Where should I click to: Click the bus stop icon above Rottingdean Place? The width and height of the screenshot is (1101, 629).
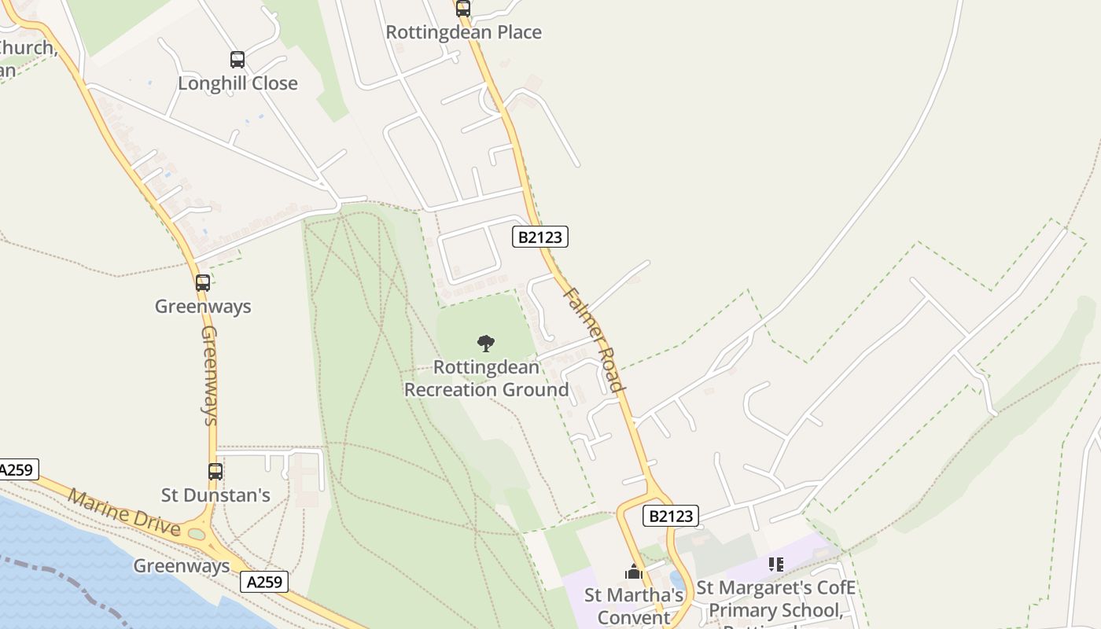(463, 9)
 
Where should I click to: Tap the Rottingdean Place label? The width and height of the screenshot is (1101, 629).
(463, 32)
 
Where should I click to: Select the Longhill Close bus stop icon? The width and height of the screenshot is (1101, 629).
(238, 60)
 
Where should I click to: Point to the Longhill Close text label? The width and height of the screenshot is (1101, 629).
(238, 83)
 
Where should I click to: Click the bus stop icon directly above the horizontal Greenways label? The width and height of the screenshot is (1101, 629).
(203, 283)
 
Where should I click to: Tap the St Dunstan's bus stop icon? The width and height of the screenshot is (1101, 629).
(215, 472)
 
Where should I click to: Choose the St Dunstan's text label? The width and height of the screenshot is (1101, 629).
(215, 495)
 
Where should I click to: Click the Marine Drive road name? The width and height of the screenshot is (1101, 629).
(123, 511)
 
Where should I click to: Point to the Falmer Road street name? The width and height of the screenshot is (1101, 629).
(595, 339)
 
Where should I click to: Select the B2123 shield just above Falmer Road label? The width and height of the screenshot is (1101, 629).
(540, 237)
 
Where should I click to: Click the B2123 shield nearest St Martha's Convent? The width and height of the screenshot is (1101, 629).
(671, 516)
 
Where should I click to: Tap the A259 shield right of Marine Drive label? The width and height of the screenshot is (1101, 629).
(264, 582)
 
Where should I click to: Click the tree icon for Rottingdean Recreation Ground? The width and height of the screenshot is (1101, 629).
(486, 343)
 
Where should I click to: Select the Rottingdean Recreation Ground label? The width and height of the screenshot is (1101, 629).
(486, 378)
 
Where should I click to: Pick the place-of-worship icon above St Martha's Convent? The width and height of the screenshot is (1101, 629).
(634, 572)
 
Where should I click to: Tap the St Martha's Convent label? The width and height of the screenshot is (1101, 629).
(634, 606)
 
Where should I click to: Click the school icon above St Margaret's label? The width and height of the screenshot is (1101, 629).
(776, 565)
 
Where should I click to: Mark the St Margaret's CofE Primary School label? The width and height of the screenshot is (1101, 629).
(775, 599)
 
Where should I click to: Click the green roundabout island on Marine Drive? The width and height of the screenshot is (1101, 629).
(197, 535)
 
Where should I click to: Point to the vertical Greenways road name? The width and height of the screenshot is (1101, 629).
(209, 375)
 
